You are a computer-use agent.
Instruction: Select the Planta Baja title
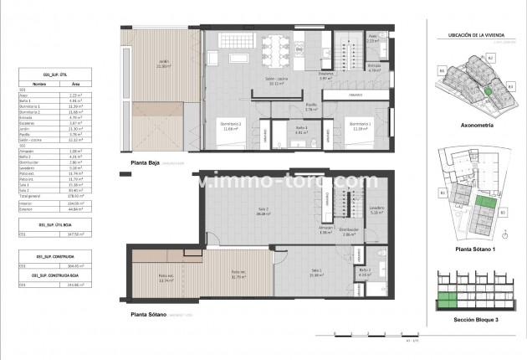(x=140, y=163)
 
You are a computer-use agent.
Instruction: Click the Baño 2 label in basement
(x=364, y=271)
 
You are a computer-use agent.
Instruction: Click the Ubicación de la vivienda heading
(x=472, y=33)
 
